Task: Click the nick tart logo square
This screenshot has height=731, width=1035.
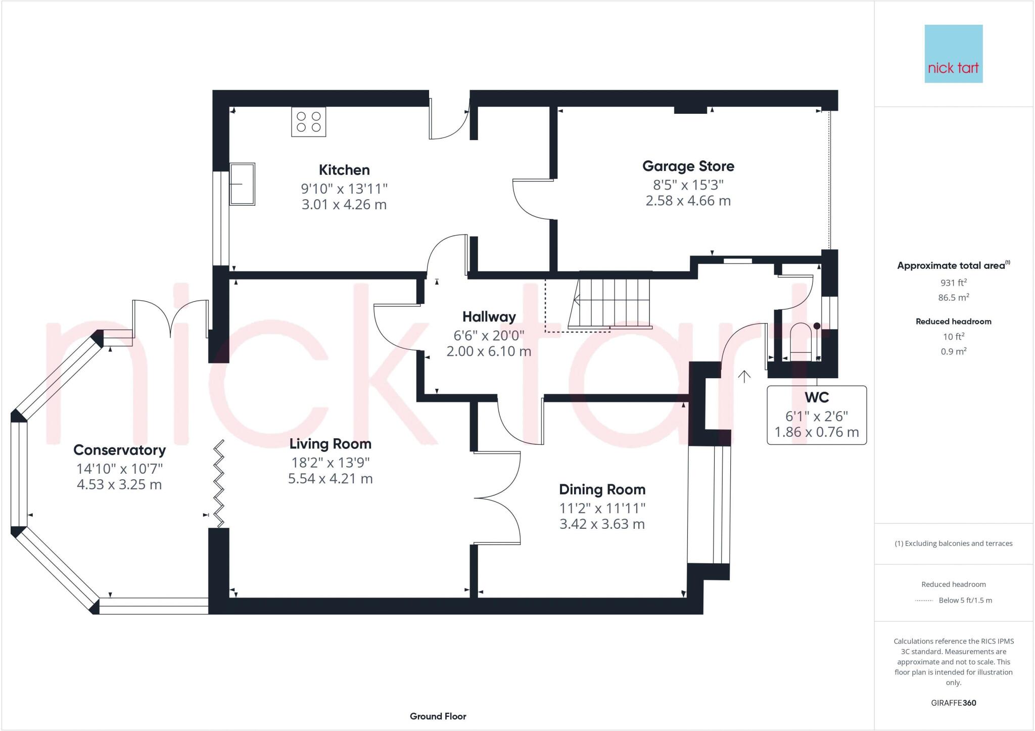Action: pos(953,54)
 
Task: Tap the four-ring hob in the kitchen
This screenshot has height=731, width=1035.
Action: pos(308,122)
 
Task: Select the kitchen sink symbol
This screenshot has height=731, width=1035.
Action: pos(243,184)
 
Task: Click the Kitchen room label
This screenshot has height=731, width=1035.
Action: pos(344,170)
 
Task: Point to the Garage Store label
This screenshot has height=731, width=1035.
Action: pos(688,166)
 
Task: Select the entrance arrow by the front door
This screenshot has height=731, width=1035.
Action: pos(744,376)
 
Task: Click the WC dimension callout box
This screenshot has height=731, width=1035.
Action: pos(816,416)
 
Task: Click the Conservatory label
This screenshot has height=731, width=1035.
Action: pos(119,450)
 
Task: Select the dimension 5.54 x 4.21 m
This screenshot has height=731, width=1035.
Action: pos(330,478)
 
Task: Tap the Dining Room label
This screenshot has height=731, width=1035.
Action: pos(602,489)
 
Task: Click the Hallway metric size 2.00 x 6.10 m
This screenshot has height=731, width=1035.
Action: pos(488,351)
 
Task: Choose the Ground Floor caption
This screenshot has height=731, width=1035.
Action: pos(438,716)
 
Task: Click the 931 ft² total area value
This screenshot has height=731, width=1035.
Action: pos(953,283)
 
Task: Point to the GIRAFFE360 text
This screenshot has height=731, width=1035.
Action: pos(953,703)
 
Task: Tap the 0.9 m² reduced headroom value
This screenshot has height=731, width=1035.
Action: pos(953,351)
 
